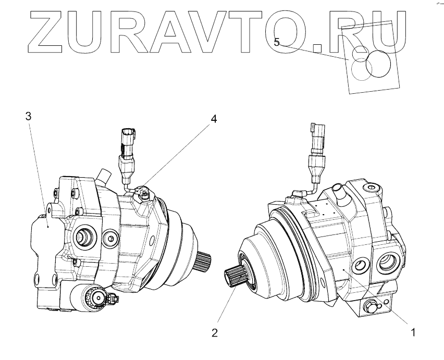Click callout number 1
pyautogui.click(x=413, y=331)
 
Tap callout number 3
pyautogui.click(x=29, y=116)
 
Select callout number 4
pyautogui.click(x=213, y=119)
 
